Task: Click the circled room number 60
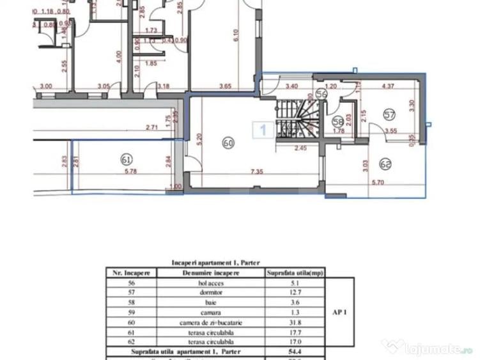point(228,143)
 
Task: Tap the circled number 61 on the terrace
point(126,158)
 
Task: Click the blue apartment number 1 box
point(262,130)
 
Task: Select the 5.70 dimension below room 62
point(377,183)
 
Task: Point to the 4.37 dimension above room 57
point(387,85)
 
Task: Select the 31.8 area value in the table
point(295,322)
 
